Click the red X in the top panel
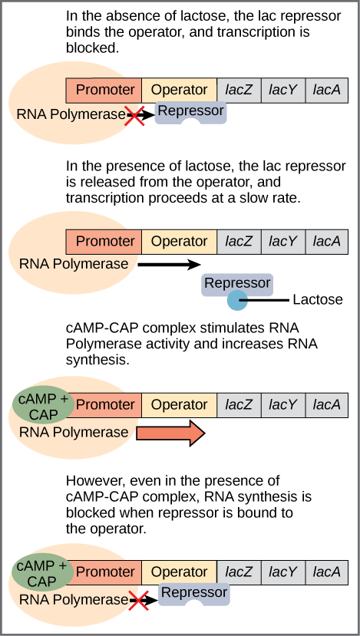[x=136, y=116]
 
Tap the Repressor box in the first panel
[x=190, y=111]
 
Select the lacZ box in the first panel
[x=239, y=90]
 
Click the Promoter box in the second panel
[x=104, y=242]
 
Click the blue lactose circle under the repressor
[x=237, y=299]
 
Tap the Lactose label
[x=318, y=299]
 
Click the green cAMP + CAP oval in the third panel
[x=43, y=407]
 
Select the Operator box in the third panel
[x=179, y=404]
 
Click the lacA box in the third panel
[x=327, y=404]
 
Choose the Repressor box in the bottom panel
[x=193, y=593]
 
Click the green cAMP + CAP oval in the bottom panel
[x=43, y=574]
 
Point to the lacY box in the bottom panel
[x=283, y=572]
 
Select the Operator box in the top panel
[x=179, y=90]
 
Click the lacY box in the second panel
[x=283, y=242]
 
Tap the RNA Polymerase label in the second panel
[x=74, y=264]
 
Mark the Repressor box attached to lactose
[x=237, y=283]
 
